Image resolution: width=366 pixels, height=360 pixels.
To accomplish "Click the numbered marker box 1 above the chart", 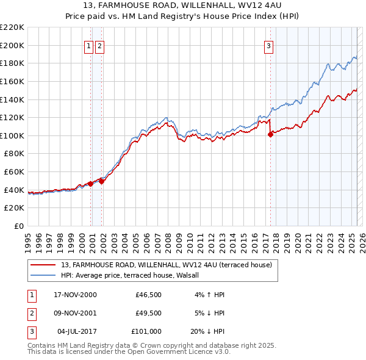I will point(89,45).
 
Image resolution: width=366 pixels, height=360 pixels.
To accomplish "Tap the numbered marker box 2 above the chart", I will point(99,45).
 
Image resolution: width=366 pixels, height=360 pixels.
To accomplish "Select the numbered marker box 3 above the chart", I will point(268,45).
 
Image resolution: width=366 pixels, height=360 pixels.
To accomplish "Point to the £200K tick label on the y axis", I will point(13,45).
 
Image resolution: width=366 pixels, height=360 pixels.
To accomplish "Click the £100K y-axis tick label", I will point(13,135).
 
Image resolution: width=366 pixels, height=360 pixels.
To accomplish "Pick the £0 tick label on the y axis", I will point(20,226).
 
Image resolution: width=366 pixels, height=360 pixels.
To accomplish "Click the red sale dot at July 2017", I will point(270,135).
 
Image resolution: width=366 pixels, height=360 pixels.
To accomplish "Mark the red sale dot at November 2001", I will point(102,181).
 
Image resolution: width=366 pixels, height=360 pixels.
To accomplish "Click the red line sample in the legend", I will point(43,265).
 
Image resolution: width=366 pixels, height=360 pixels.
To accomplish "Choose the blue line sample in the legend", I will point(43,275).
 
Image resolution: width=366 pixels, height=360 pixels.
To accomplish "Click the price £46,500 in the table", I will point(149,295).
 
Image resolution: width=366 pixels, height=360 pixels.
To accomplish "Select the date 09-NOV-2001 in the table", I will point(75,313).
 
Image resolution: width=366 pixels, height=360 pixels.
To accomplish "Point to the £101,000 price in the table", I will point(146,331).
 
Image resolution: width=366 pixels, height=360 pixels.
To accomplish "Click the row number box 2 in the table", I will point(30,313).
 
